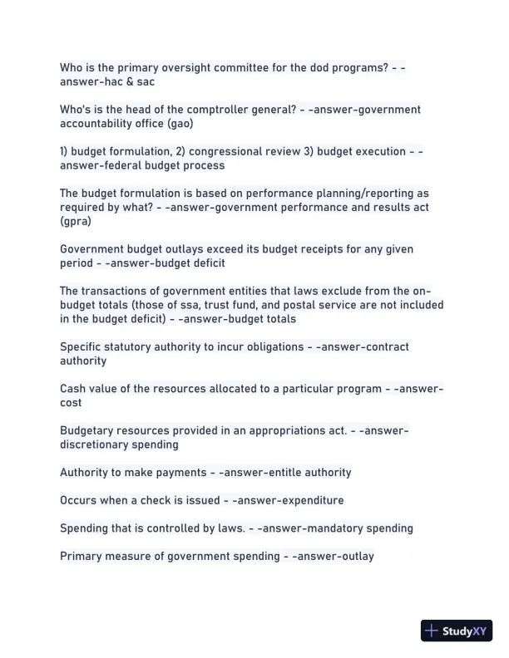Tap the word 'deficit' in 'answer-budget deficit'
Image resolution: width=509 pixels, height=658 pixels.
coord(206,263)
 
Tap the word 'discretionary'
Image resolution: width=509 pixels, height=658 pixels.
coord(95,444)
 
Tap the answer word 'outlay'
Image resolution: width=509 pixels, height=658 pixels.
coord(355,557)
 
